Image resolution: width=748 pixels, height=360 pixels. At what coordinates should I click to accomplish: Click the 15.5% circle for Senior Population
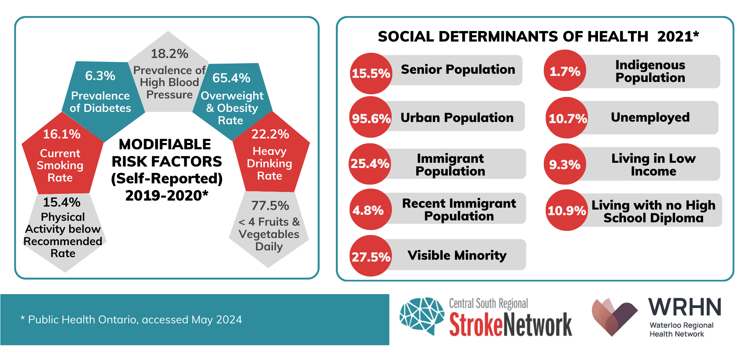pyautogui.click(x=371, y=73)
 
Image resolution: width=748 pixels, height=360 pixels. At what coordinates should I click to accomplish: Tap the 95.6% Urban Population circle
pyautogui.click(x=371, y=118)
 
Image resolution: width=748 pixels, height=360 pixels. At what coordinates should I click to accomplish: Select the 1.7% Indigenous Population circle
pyautogui.click(x=565, y=71)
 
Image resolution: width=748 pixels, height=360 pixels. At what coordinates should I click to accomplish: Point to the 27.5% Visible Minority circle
pyautogui.click(x=371, y=256)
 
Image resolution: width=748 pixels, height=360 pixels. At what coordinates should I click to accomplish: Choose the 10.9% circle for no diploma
pyautogui.click(x=567, y=210)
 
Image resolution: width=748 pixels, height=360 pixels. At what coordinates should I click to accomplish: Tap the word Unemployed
pyautogui.click(x=650, y=118)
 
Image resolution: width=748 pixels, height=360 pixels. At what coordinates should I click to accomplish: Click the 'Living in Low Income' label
pyautogui.click(x=653, y=165)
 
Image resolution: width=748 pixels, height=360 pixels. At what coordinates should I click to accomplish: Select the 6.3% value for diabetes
pyautogui.click(x=100, y=76)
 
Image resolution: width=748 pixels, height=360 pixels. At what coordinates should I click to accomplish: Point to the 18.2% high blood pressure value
pyautogui.click(x=169, y=54)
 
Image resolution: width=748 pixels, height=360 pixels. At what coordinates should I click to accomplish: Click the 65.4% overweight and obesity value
pyautogui.click(x=231, y=78)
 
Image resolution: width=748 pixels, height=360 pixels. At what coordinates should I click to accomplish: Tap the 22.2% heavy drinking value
pyautogui.click(x=270, y=134)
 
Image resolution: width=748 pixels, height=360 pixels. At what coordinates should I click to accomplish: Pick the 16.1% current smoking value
pyautogui.click(x=62, y=134)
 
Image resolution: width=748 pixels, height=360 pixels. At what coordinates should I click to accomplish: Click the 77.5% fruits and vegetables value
pyautogui.click(x=270, y=205)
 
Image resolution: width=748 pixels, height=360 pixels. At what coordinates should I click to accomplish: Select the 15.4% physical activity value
pyautogui.click(x=62, y=202)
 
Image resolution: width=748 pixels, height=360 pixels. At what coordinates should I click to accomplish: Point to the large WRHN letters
pyautogui.click(x=684, y=308)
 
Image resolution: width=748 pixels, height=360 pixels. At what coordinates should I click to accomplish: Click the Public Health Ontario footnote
pyautogui.click(x=131, y=320)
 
